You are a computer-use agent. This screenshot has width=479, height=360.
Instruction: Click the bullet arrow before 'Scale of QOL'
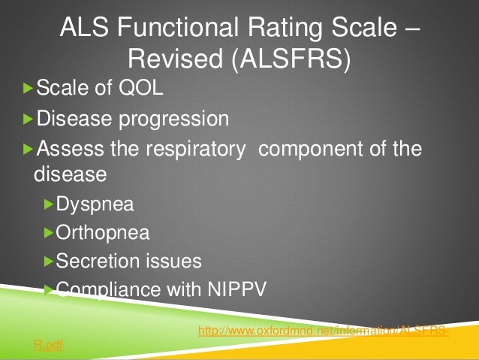28,91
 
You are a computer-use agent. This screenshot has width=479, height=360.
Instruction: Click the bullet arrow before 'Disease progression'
28,119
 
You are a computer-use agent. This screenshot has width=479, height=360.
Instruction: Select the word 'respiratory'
200,147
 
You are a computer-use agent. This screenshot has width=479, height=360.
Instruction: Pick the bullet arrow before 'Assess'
28,147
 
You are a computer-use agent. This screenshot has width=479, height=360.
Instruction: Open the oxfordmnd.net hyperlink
324,331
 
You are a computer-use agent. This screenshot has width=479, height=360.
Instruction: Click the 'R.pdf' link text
44,348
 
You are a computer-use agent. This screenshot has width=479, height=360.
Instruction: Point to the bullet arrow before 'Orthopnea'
49,232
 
